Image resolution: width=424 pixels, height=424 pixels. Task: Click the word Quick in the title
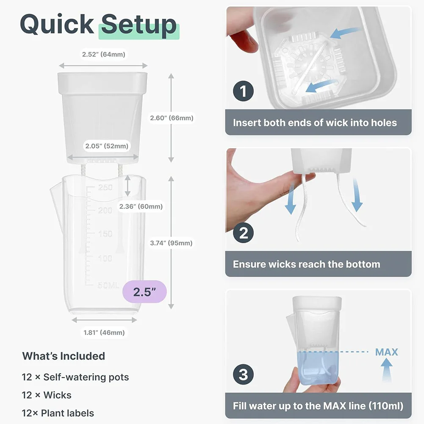[x=57, y=25]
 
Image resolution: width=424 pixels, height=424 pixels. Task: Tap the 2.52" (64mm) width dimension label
[x=104, y=54]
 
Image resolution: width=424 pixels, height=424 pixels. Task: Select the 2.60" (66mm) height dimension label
[x=172, y=118]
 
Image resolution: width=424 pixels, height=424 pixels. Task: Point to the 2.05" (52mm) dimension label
[x=106, y=146]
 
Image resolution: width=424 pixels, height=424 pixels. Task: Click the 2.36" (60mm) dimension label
[x=141, y=206]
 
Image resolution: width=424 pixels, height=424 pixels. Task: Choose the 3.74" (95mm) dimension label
[x=171, y=243]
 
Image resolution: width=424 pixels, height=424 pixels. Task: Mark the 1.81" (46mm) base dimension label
[x=104, y=333]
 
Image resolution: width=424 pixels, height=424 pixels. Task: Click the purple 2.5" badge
[x=144, y=291]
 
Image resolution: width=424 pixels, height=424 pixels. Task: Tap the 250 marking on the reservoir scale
[x=105, y=187]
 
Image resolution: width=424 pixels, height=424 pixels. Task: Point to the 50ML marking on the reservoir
[x=108, y=285]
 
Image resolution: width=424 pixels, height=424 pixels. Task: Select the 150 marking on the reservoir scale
[x=105, y=234]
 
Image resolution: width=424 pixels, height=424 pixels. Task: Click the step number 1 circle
[x=244, y=91]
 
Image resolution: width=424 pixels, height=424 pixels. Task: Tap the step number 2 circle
[x=244, y=233]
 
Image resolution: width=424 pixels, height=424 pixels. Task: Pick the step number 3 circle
[x=244, y=374]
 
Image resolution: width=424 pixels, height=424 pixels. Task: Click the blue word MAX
[x=386, y=352]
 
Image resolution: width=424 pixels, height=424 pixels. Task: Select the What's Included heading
[x=64, y=356]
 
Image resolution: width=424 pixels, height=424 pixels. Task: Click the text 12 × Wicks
[x=47, y=395]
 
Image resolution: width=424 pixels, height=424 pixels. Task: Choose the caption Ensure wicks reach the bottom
[x=306, y=264]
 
